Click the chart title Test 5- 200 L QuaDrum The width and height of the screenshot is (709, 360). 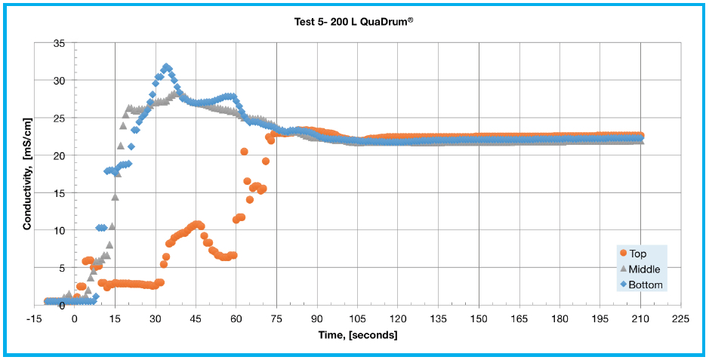tap(353, 22)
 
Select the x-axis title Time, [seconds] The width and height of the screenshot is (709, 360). tap(358, 334)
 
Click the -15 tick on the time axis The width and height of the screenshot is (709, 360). tap(34, 318)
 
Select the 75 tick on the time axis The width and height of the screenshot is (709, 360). tap(276, 318)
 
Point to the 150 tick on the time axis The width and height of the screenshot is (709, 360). tap(479, 318)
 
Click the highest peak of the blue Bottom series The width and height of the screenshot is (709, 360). tap(166, 67)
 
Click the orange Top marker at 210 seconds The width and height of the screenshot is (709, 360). tap(640, 136)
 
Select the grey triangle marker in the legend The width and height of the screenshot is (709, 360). tap(623, 269)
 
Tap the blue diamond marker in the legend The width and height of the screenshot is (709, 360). tap(623, 285)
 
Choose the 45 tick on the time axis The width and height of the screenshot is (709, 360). tap(196, 318)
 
